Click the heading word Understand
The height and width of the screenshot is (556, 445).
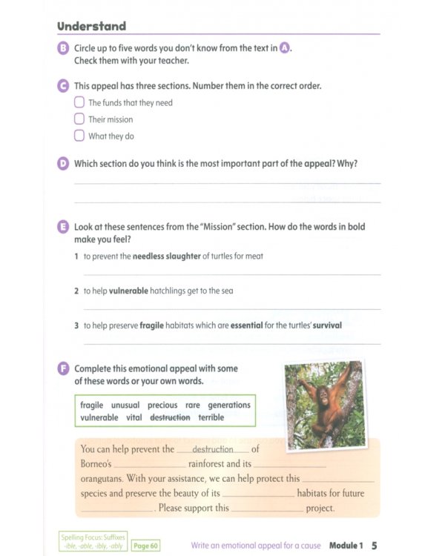pos(91,26)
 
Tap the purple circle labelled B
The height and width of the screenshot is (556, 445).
pos(63,49)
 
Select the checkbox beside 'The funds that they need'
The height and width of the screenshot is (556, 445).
pos(79,102)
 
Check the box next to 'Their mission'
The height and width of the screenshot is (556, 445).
pos(79,119)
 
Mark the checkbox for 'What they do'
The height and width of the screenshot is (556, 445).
pos(79,136)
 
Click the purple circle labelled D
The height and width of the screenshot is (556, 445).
pos(63,164)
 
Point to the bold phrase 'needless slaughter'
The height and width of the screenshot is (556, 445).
pos(166,257)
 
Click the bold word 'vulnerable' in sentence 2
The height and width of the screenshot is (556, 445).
pos(128,291)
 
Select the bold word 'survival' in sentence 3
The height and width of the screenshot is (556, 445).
pos(326,325)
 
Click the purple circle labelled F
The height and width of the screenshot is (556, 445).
pos(63,368)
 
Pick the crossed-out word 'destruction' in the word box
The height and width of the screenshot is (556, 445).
pos(170,417)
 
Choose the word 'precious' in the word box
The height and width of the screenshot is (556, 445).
pos(162,406)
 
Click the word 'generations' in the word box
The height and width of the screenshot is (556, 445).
pos(228,406)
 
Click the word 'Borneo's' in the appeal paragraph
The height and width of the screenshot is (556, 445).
pos(96,464)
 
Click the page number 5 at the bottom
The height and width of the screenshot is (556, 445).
pos(375,546)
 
